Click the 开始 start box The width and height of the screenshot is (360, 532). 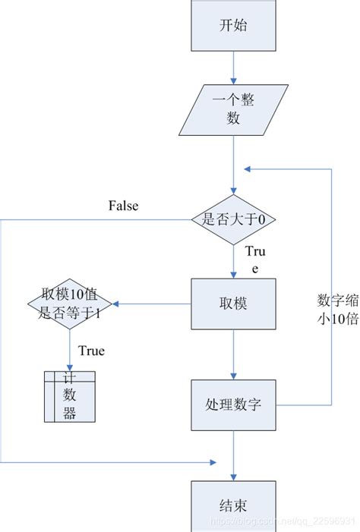[234, 24]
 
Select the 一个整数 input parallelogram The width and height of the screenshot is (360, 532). [234, 111]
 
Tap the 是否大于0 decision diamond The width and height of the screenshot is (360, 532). [234, 219]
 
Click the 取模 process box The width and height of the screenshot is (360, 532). [234, 304]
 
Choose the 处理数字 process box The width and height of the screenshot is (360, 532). [234, 404]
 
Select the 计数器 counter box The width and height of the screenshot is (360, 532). [69, 396]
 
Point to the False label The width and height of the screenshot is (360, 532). [123, 206]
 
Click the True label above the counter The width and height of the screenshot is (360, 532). [91, 351]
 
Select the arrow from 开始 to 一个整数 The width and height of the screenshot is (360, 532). [234, 66]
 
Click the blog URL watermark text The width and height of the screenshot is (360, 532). [282, 524]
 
